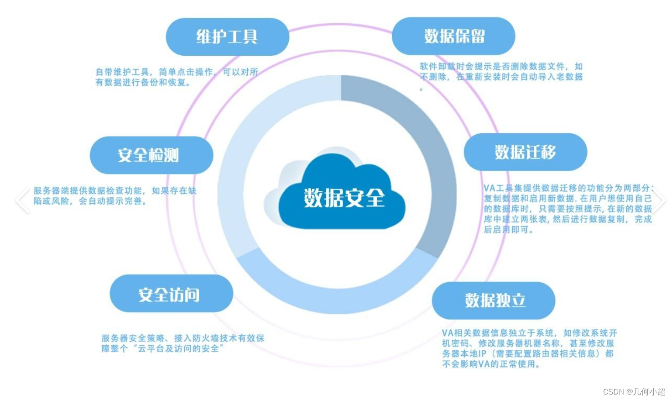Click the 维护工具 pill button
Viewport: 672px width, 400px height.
[227, 37]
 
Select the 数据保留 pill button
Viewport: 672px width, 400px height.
[453, 36]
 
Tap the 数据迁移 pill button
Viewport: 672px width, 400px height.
[525, 152]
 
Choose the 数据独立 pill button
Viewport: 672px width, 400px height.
[494, 300]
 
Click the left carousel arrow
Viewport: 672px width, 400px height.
[22, 200]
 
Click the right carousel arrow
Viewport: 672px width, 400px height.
[658, 200]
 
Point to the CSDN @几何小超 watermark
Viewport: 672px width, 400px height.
[634, 392]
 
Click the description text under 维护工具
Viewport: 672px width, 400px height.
[177, 77]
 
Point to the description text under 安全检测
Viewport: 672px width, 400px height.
[115, 195]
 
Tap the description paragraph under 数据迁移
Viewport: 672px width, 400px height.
[568, 209]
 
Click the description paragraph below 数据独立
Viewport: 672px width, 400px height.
[529, 348]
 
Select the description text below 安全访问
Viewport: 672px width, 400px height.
[182, 343]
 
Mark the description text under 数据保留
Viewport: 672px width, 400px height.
[501, 72]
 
